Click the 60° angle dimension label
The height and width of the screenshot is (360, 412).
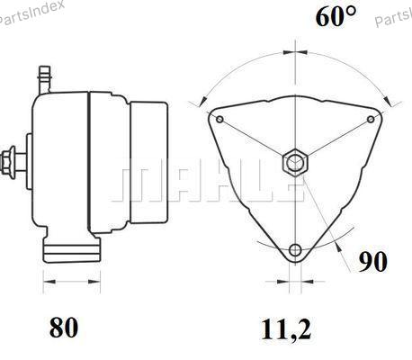(336, 16)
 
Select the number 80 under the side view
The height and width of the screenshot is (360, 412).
(64, 327)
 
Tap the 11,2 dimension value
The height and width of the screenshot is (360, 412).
(286, 330)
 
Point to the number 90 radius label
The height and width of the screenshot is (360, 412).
(373, 262)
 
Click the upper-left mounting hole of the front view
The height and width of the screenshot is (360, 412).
(219, 120)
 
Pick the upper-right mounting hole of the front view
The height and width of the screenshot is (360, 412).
(371, 120)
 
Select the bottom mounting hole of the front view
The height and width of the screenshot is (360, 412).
(295, 249)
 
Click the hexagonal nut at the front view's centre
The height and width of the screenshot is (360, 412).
(295, 163)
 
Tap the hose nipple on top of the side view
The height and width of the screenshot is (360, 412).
(45, 79)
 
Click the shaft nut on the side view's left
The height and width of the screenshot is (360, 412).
(8, 162)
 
